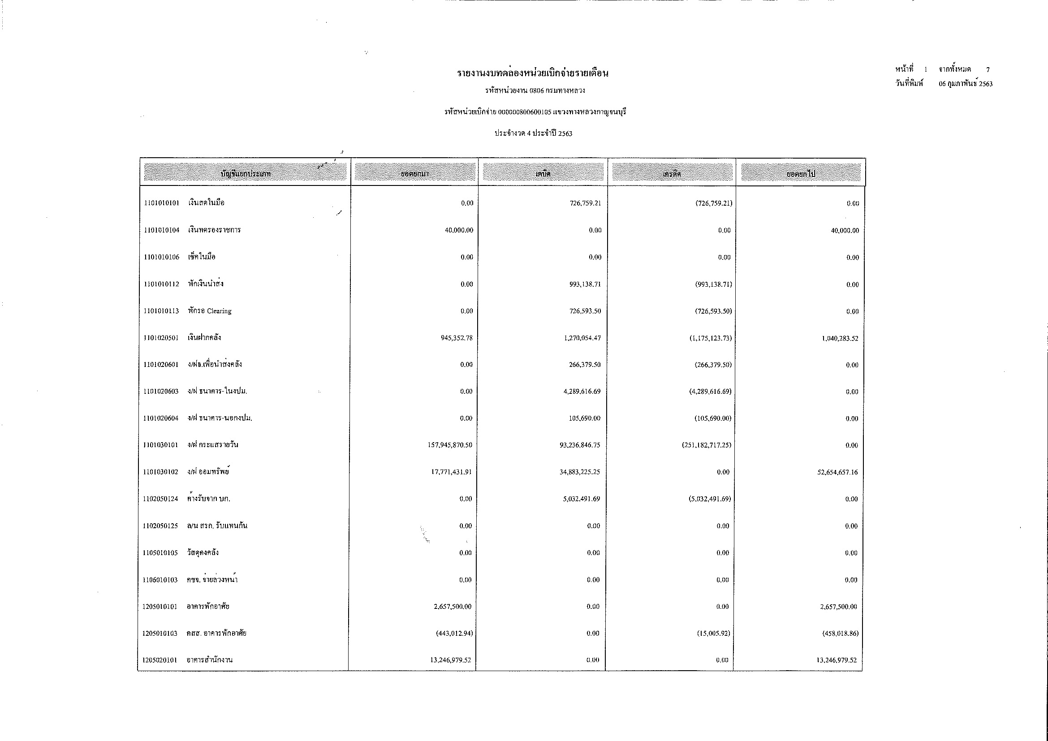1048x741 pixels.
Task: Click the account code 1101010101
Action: [162, 203]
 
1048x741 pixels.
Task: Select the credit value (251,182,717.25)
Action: [707, 445]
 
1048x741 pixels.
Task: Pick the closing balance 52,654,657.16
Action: [837, 472]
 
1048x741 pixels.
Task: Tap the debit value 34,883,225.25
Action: [580, 472]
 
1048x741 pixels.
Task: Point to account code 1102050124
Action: [160, 499]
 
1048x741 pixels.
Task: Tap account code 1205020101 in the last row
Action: [160, 660]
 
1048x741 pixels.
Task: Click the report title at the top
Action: [533, 73]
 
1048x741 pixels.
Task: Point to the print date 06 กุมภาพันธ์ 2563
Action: [966, 84]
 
